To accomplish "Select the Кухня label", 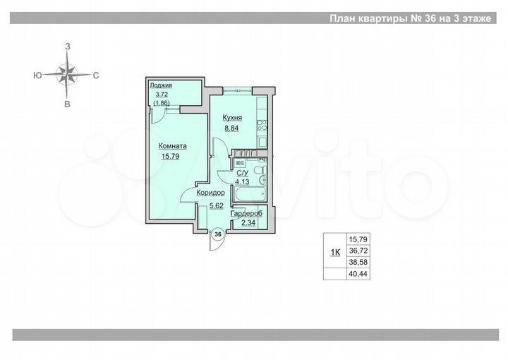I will [x=233, y=117].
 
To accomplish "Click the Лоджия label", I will [x=161, y=85].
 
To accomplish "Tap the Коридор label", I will [x=210, y=192].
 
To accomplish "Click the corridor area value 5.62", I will [x=215, y=206].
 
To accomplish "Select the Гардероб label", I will [x=247, y=214].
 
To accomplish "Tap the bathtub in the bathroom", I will [x=249, y=195].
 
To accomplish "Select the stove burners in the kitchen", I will [x=261, y=126].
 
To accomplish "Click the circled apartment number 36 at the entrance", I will [x=218, y=234].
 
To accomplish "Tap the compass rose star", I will [x=68, y=73].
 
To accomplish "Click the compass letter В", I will [x=68, y=104].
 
